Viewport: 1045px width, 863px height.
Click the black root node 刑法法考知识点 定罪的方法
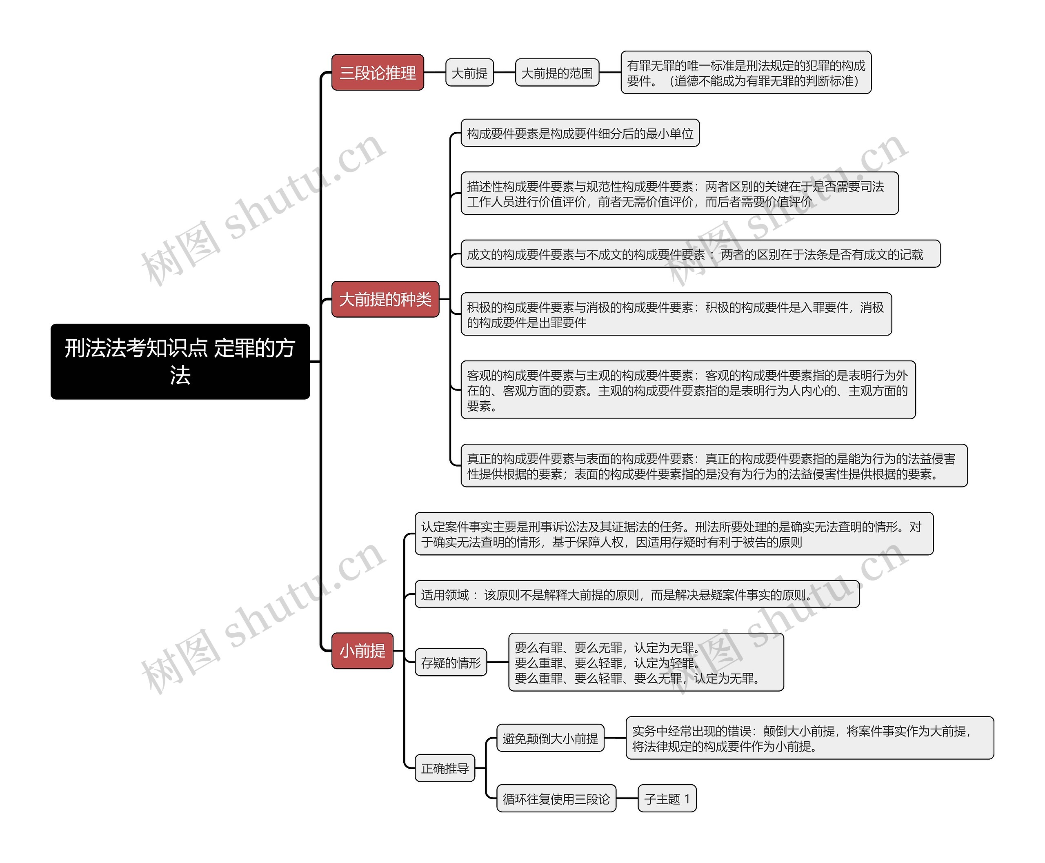coord(180,361)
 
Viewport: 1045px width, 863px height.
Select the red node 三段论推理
coord(377,73)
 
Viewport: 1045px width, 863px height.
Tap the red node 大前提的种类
coord(385,299)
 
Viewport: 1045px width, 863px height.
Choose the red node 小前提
coord(362,651)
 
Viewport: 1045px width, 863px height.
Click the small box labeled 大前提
coord(469,73)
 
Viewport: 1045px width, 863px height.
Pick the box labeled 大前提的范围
coord(557,73)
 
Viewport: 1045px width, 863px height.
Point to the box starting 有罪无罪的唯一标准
coord(746,73)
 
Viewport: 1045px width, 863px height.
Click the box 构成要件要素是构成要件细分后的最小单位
coord(580,133)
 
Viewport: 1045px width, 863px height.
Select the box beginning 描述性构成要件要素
coord(680,194)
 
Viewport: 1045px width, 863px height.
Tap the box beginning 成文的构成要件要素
coord(700,254)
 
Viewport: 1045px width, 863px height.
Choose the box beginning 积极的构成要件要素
coord(676,314)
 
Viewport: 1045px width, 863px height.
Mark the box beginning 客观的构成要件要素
coord(688,390)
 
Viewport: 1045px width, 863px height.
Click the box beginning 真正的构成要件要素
coord(714,466)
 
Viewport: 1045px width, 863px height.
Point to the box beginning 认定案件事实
coord(674,534)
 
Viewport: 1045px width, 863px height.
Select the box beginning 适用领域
coord(637,594)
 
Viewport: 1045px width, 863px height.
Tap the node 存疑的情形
coord(450,662)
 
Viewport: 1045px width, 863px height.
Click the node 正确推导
coord(445,768)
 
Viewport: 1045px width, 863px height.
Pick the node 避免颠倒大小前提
coord(550,738)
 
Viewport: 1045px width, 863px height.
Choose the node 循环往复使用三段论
coord(556,798)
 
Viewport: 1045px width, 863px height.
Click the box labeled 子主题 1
coord(667,798)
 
